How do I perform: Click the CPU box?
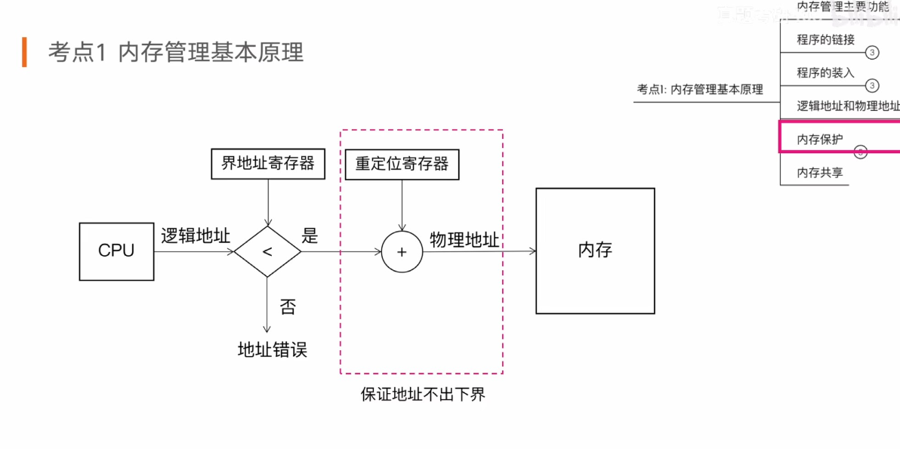[x=116, y=251]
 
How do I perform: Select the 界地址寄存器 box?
[x=267, y=164]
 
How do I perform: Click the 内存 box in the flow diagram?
[x=595, y=251]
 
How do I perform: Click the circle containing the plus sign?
[x=402, y=252]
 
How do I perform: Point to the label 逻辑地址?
[x=196, y=235]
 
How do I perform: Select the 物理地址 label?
[x=464, y=240]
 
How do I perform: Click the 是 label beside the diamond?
[x=310, y=235]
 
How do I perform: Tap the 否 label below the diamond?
[x=288, y=306]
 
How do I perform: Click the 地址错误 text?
[x=273, y=349]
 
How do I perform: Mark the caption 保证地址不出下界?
[x=423, y=394]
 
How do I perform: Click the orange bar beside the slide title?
[x=24, y=51]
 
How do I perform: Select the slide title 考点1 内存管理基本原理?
[x=175, y=52]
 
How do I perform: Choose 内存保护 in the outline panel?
[x=820, y=139]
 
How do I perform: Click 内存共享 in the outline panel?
[x=820, y=173]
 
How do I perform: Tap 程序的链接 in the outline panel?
[x=825, y=39]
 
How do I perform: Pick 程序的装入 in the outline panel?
[x=825, y=72]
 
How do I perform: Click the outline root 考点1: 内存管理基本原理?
[x=700, y=89]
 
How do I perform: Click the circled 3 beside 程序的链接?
[x=872, y=53]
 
